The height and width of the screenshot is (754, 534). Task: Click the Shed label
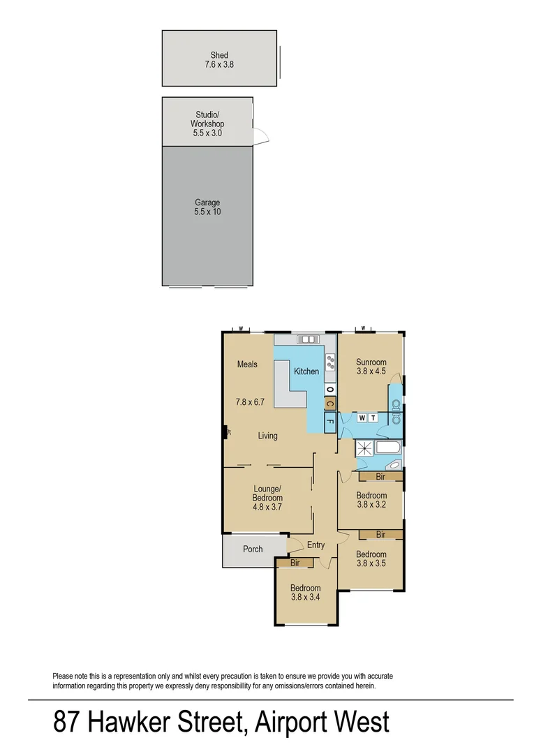(x=219, y=55)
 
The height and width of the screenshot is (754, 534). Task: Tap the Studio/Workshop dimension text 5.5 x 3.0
(x=207, y=133)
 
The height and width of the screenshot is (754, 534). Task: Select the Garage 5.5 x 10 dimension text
(x=207, y=212)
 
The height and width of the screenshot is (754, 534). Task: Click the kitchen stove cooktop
(x=329, y=361)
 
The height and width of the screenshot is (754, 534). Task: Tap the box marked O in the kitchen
(x=329, y=388)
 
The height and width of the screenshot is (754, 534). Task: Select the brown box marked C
(x=329, y=403)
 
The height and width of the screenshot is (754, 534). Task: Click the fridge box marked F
(x=329, y=422)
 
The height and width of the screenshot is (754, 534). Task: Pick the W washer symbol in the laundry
(x=362, y=418)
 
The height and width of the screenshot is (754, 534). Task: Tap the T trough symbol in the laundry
(x=373, y=418)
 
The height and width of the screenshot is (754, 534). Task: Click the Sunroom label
(x=371, y=362)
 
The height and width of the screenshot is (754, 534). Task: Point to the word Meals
(x=247, y=364)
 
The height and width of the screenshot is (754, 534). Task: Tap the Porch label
(x=253, y=549)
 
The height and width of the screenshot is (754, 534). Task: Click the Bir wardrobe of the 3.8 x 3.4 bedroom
(x=295, y=563)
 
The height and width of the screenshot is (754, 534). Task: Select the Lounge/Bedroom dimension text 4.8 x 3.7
(x=267, y=508)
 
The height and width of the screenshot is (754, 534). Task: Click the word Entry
(x=316, y=545)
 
